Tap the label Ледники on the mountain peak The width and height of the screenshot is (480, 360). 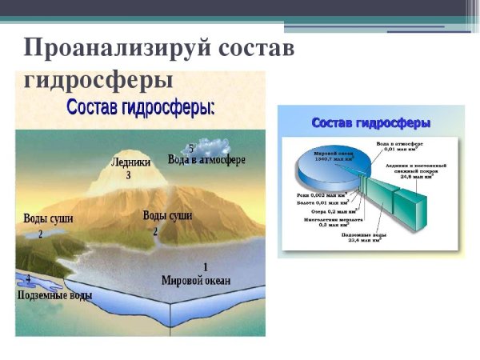coord(129,162)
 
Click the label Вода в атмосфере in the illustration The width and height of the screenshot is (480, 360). coord(206,160)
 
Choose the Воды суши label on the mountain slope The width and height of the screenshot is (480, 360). coord(167,215)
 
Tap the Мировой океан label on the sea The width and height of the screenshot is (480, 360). coord(196,281)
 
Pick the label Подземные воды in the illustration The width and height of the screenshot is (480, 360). coord(54,295)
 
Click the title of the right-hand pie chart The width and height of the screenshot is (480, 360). coord(370,123)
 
